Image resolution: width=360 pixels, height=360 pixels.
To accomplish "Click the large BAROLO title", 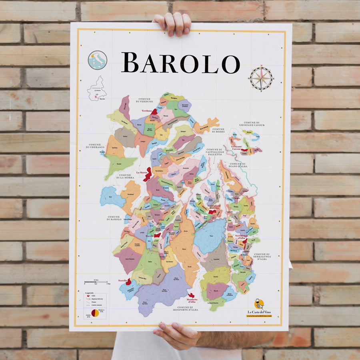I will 180,63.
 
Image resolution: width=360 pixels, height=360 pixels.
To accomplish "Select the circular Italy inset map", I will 97,60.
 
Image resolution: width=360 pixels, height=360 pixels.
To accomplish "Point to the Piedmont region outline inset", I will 97,88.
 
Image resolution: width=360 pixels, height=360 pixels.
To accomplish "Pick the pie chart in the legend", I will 95,313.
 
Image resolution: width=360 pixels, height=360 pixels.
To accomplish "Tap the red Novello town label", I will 123,281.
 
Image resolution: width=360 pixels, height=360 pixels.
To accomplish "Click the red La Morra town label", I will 142,172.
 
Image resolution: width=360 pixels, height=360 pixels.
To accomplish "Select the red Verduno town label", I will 147,111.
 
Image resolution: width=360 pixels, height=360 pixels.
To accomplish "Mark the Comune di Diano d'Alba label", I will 237,165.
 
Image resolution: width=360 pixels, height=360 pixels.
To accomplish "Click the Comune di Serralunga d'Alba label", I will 262,256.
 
